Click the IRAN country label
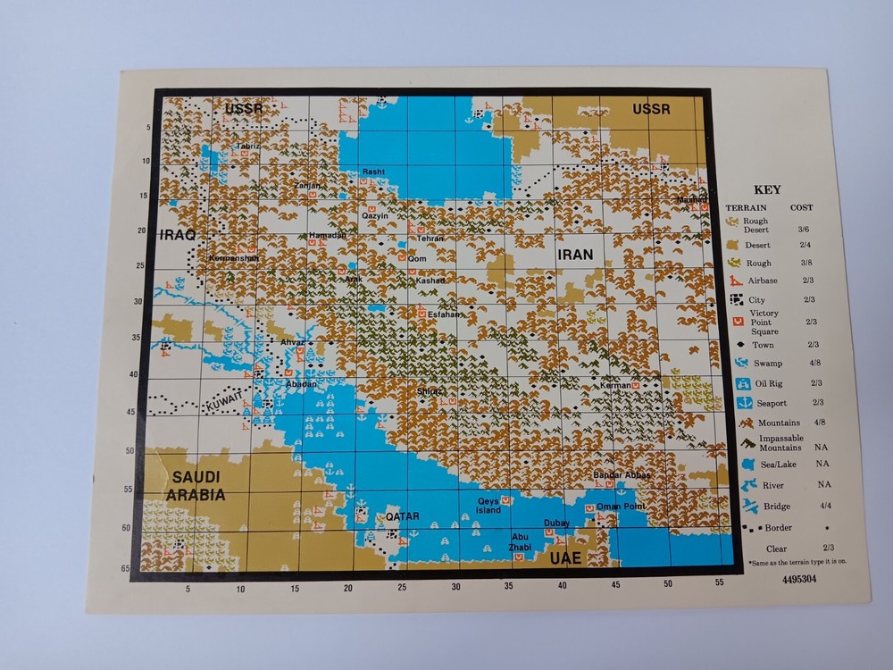pyautogui.click(x=574, y=255)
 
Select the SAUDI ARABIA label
pyautogui.click(x=198, y=486)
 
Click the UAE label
pyautogui.click(x=565, y=557)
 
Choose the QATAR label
pyautogui.click(x=402, y=515)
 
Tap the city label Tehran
pyautogui.click(x=430, y=239)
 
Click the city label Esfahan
pyautogui.click(x=445, y=314)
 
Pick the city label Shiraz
pyautogui.click(x=430, y=390)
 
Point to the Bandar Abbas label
pyautogui.click(x=622, y=474)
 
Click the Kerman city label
pyautogui.click(x=615, y=384)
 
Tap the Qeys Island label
pyautogui.click(x=489, y=506)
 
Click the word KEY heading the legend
pyautogui.click(x=767, y=189)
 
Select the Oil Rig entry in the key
pyautogui.click(x=771, y=382)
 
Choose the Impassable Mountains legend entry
pyautogui.click(x=780, y=442)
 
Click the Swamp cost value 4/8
pyautogui.click(x=817, y=364)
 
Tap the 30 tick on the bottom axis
pyautogui.click(x=455, y=586)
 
